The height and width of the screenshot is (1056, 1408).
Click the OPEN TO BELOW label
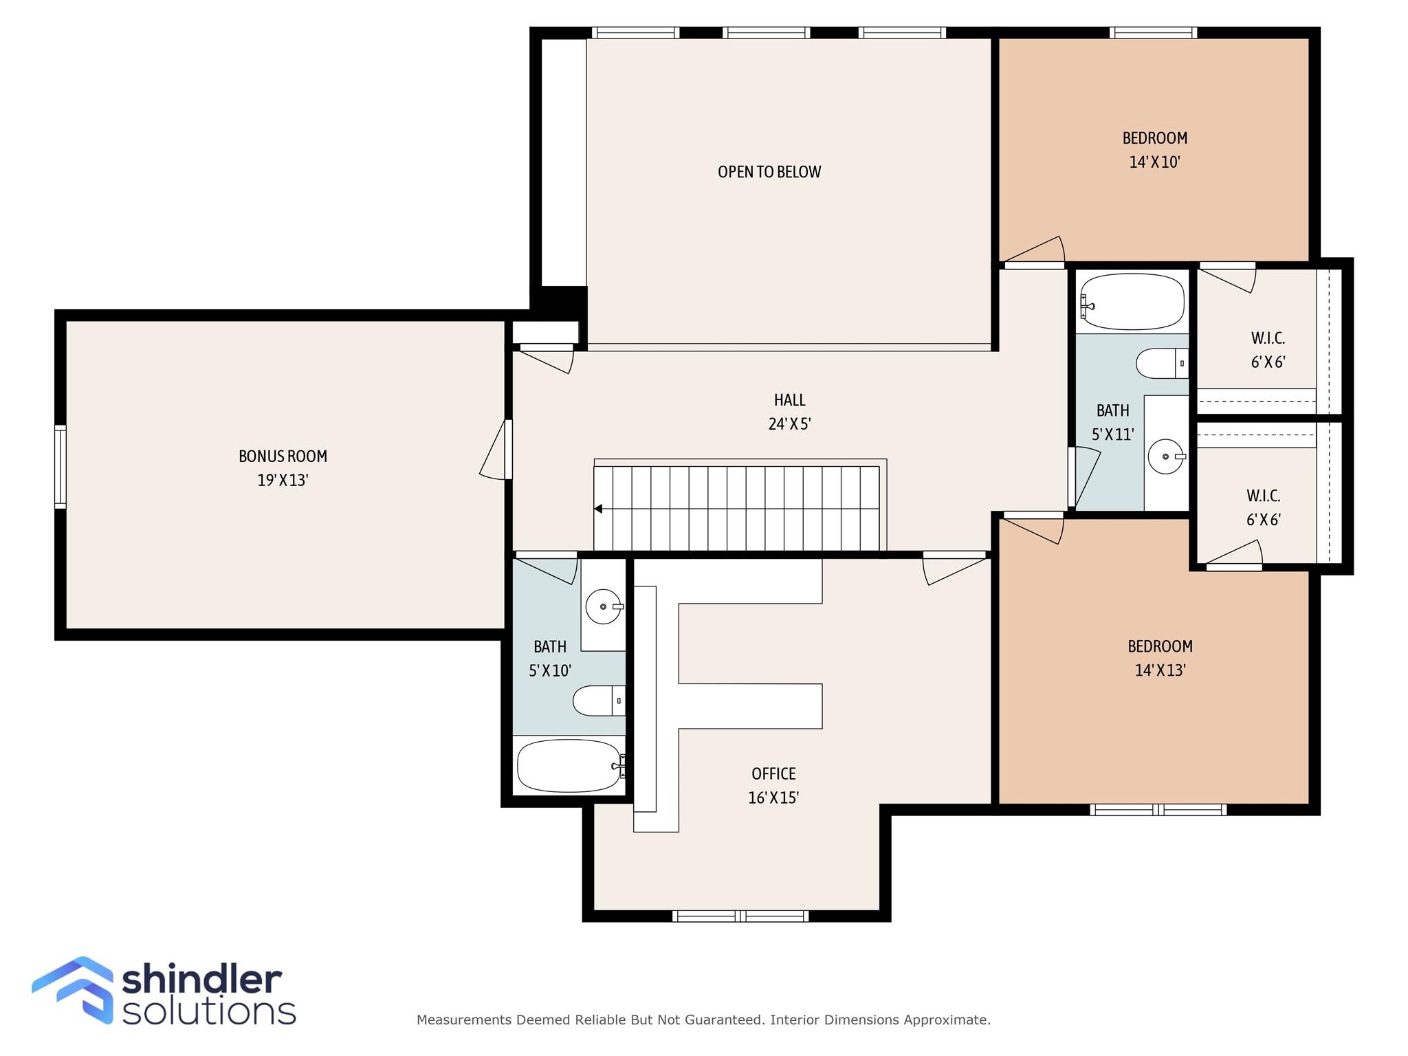click(769, 172)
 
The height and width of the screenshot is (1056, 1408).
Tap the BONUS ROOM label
click(283, 456)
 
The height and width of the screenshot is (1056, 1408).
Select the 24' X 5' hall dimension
click(789, 424)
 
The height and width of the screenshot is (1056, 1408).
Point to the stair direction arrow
click(599, 509)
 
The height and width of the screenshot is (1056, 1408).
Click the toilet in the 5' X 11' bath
click(1161, 363)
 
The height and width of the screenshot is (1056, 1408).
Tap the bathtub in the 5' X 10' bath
click(569, 765)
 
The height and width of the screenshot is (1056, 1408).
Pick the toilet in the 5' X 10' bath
click(598, 701)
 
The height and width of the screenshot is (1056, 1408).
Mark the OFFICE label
click(773, 773)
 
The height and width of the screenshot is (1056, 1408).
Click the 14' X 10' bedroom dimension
click(1154, 162)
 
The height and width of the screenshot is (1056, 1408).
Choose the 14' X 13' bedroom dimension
click(1160, 670)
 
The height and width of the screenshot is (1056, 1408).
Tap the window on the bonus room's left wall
click(60, 466)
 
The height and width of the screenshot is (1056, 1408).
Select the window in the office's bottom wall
click(740, 916)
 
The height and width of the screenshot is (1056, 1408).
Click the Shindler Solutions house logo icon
click(74, 989)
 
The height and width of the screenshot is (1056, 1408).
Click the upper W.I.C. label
click(1268, 338)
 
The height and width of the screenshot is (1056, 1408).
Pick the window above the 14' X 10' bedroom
click(1153, 32)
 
